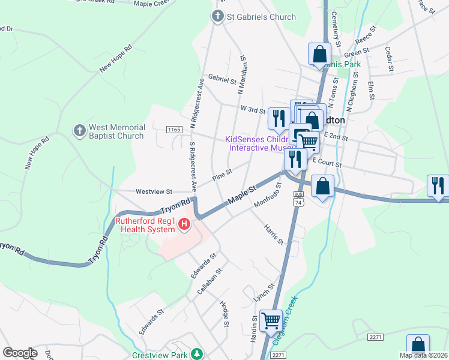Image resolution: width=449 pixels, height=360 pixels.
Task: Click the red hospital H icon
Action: point(185,225)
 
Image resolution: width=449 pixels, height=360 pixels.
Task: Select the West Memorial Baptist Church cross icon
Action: point(79,131)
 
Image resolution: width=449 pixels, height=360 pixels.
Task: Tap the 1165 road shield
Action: point(174,129)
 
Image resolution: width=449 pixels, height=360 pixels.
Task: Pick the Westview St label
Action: point(154,191)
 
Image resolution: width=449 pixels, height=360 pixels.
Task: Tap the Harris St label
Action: point(273,234)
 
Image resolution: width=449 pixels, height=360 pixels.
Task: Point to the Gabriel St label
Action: point(219,79)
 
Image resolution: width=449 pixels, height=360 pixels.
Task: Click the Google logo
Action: point(20,352)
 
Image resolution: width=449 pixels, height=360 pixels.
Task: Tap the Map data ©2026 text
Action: point(424,355)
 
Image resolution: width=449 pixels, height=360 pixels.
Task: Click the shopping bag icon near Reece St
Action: point(320,53)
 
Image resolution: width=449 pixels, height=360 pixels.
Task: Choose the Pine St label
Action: point(222,175)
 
